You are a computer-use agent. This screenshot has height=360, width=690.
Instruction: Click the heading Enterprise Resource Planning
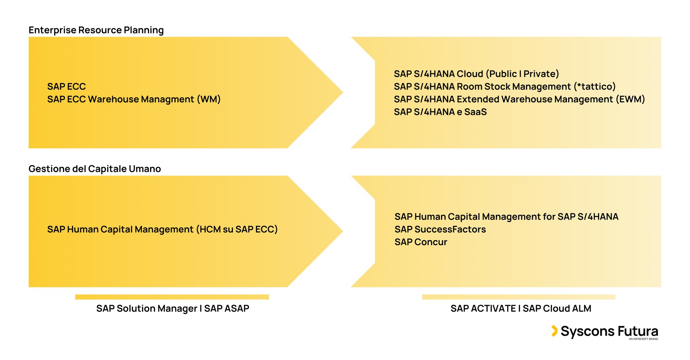96,30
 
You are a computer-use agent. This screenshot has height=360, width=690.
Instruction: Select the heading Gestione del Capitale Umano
95,169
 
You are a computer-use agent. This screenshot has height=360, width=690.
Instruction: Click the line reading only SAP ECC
66,86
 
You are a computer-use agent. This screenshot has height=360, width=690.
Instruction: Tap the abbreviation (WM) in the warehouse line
209,99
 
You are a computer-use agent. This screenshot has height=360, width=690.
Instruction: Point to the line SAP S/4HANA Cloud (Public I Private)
476,74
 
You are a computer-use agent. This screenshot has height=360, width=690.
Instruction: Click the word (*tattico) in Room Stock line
595,86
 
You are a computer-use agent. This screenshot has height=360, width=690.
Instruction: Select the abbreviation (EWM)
630,99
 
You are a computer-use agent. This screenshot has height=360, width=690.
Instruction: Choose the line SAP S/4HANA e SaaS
440,112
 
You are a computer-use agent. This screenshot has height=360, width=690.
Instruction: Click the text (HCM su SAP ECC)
237,229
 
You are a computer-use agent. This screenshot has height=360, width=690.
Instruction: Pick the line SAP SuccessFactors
440,229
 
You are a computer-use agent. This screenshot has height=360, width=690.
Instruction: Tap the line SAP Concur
421,242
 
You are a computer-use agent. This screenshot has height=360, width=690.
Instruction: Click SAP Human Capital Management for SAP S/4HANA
506,217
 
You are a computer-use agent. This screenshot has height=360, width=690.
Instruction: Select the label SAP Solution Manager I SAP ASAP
172,308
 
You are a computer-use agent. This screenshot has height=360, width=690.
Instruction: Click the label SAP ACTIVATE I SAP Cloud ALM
521,308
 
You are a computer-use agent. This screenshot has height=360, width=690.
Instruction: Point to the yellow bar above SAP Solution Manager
172,297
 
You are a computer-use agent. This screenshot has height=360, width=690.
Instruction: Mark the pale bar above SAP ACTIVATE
519,297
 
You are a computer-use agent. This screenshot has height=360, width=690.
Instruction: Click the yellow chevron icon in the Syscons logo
554,331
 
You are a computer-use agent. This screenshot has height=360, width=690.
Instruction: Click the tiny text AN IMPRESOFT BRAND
643,339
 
